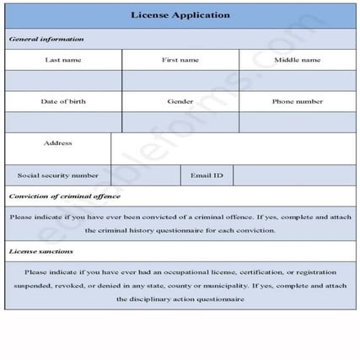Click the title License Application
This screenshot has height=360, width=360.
coord(180,14)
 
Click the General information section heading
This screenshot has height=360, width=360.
coord(46,39)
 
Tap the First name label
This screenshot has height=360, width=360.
coord(180,60)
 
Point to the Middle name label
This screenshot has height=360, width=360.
coord(297,60)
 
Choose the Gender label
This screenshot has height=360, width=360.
coord(180,101)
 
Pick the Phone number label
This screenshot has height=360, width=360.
coord(297,101)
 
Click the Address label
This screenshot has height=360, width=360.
coord(57,143)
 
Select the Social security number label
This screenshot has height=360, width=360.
coord(57,175)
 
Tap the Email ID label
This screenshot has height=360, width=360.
coord(207,175)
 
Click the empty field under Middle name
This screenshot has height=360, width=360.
coord(297,80)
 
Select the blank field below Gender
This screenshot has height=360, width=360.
coord(180,122)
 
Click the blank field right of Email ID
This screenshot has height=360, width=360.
coord(294,175)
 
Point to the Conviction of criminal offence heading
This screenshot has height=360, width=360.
coord(65,196)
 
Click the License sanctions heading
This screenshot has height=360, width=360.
coord(41,251)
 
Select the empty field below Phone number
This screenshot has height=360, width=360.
coord(297,122)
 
